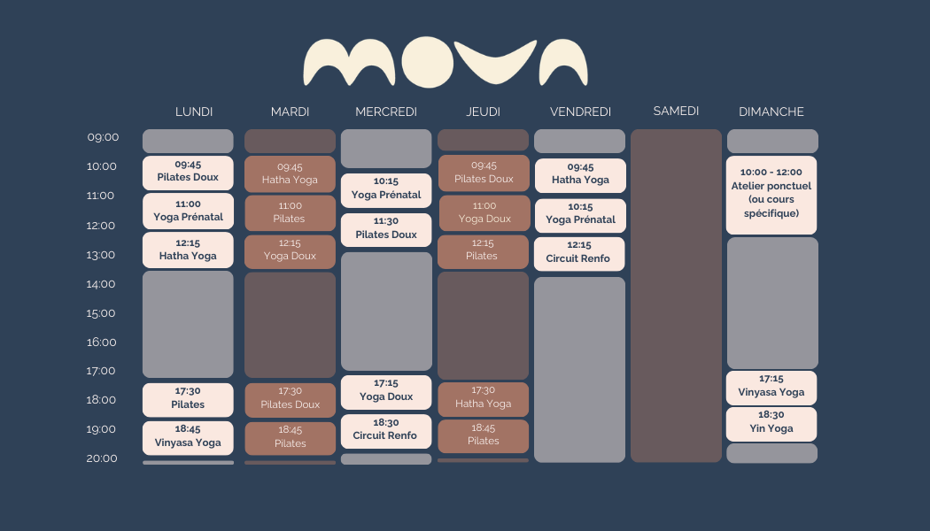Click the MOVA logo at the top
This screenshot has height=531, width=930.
pos(446,62)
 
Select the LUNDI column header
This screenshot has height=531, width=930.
pos(194,112)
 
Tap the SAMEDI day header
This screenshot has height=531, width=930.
pos(676,111)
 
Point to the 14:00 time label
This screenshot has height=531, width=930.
pos(102,284)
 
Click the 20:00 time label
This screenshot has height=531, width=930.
pos(102,458)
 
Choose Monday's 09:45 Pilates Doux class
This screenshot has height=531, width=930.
pos(188,172)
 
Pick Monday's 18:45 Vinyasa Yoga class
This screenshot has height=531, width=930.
pos(188,437)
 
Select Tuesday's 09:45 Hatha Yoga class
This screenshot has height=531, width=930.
pos(290,173)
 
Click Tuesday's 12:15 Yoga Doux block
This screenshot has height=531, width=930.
pos(290,250)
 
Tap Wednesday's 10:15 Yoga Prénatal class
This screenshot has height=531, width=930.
pos(386,189)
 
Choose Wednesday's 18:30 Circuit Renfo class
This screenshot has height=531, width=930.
pos(385,430)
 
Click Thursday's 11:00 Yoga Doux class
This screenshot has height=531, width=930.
pos(484,212)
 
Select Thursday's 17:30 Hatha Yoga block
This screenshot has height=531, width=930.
pos(483,397)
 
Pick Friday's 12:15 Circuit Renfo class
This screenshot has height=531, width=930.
pos(579,252)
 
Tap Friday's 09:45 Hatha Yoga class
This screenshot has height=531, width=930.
pos(580,173)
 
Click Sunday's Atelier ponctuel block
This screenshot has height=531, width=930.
pos(771,194)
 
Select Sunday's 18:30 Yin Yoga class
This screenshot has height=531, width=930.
pos(771,422)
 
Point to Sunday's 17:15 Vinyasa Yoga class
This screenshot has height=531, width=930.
pos(771,386)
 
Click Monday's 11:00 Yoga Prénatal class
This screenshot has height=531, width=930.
pos(188,211)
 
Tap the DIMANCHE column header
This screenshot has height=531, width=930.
pos(771,112)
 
